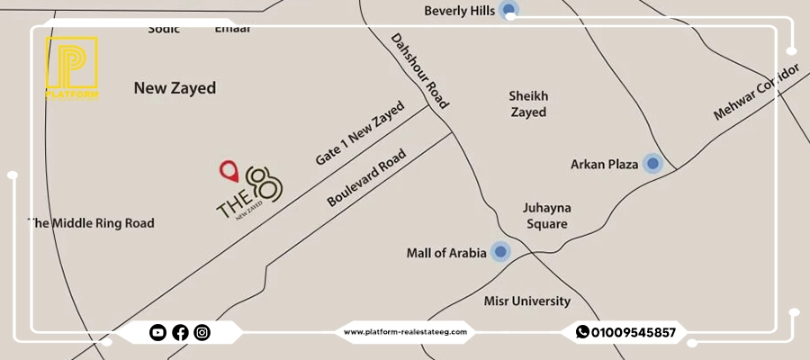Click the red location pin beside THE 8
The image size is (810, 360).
tap(229, 170)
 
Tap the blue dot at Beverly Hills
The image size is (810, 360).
tap(509, 11)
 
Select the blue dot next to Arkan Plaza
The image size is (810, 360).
tap(652, 164)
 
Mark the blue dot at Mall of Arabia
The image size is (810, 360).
tap(500, 253)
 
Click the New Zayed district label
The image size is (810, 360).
tap(175, 88)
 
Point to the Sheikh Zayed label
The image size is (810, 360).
tap(528, 104)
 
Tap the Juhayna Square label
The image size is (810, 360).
tap(547, 215)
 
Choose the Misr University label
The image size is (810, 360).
tap(527, 301)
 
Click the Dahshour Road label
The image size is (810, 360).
tap(419, 71)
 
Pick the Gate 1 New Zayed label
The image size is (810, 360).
tap(360, 134)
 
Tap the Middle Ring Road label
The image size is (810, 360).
tap(92, 223)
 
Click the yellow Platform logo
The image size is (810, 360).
tap(71, 67)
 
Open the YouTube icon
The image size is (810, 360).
tap(157, 333)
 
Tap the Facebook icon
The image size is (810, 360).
tap(180, 333)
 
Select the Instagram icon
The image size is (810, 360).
tap(202, 333)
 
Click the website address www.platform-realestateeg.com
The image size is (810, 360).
tap(405, 332)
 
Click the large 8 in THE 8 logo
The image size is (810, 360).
tap(267, 184)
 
